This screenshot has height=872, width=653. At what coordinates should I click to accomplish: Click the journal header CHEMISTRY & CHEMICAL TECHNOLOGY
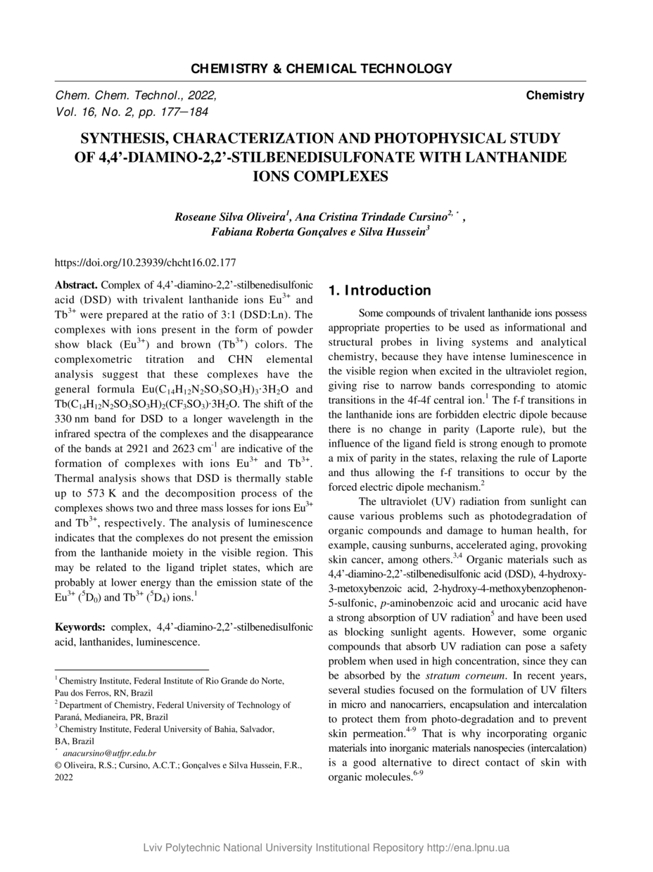[321, 68]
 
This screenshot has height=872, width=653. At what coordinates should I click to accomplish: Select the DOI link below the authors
[145, 263]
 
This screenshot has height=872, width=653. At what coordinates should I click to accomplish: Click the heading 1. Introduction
[379, 290]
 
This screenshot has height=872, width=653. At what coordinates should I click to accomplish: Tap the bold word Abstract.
[77, 285]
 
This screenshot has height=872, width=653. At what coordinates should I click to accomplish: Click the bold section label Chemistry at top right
[555, 96]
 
